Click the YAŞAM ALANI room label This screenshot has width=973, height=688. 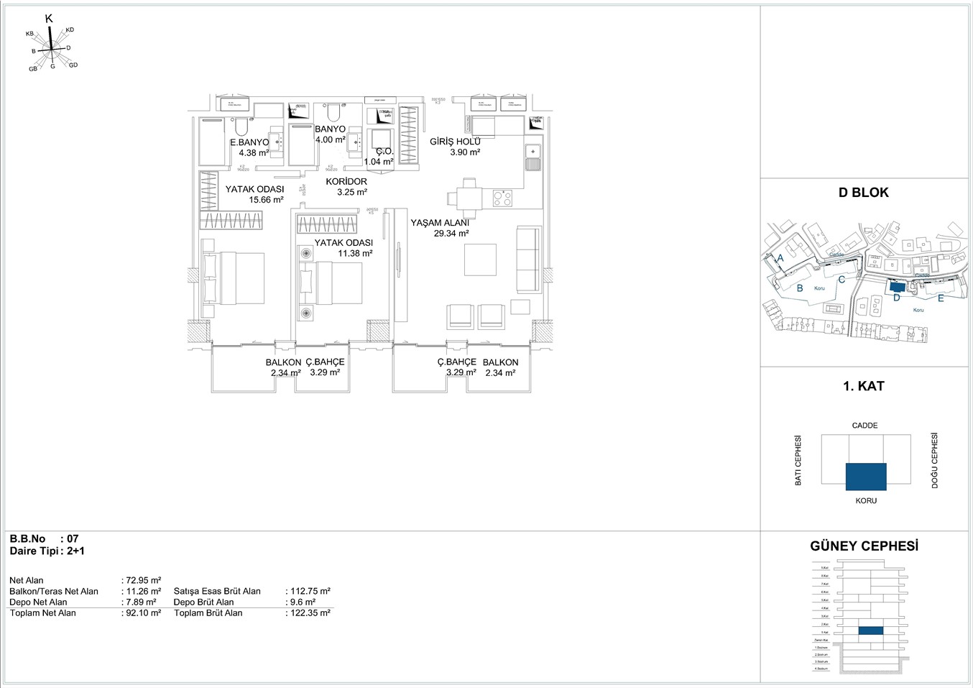click(440, 223)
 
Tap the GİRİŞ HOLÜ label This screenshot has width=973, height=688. click(455, 142)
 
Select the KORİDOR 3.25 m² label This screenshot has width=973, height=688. click(347, 187)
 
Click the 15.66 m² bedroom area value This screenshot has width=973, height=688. click(266, 200)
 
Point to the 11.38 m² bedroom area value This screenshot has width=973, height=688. click(355, 253)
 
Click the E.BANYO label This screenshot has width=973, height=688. click(249, 142)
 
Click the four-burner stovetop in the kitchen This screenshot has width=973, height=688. click(502, 198)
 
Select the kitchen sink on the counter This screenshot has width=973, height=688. click(532, 157)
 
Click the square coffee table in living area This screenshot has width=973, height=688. click(480, 260)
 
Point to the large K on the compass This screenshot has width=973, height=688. click(49, 19)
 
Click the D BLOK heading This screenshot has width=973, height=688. click(863, 193)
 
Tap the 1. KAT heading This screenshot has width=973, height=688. click(863, 386)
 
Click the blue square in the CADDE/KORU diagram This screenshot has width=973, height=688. click(866, 477)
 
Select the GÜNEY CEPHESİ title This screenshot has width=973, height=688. click(864, 546)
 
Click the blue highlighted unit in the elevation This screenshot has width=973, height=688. click(870, 630)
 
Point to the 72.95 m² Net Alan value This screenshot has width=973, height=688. click(143, 580)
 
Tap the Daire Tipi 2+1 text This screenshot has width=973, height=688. click(47, 551)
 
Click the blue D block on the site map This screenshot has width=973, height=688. click(895, 286)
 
